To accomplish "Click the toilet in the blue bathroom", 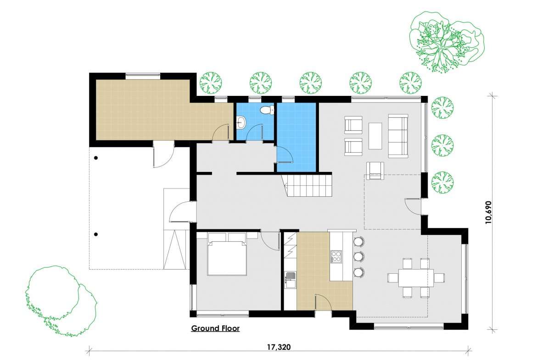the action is [x=267, y=110].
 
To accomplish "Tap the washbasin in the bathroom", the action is [x=241, y=122].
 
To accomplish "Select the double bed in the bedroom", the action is [x=227, y=255].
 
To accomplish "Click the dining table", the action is [x=416, y=277].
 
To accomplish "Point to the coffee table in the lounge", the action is [x=375, y=136].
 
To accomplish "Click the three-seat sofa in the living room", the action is [x=398, y=136].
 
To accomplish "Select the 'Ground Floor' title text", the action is [x=215, y=328].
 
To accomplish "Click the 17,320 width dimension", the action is [x=279, y=347].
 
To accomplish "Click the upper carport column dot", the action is [x=96, y=158].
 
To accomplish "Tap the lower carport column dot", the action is [x=96, y=234].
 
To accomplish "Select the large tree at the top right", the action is [x=446, y=41].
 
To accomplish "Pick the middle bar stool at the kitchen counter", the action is [x=358, y=257].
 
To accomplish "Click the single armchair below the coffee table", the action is [x=375, y=171].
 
